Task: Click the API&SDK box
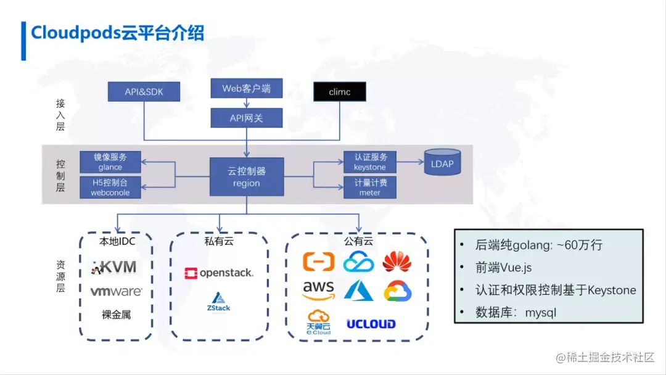(x=144, y=91)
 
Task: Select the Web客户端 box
(x=246, y=88)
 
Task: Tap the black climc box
(x=339, y=92)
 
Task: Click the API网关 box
(x=246, y=117)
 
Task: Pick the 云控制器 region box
(x=246, y=176)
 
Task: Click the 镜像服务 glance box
(x=110, y=162)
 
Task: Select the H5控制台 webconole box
(x=110, y=187)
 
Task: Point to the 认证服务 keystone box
(x=369, y=162)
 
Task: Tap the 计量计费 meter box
(x=369, y=187)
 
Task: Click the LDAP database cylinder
(x=442, y=163)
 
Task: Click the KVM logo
(x=114, y=267)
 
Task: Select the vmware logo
(x=116, y=291)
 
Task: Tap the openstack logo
(x=218, y=273)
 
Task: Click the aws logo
(x=318, y=289)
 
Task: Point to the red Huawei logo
(x=397, y=262)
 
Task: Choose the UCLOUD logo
(x=371, y=324)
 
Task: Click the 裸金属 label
(x=116, y=315)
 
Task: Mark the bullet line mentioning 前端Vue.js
(x=504, y=268)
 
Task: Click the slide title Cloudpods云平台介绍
(x=117, y=33)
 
